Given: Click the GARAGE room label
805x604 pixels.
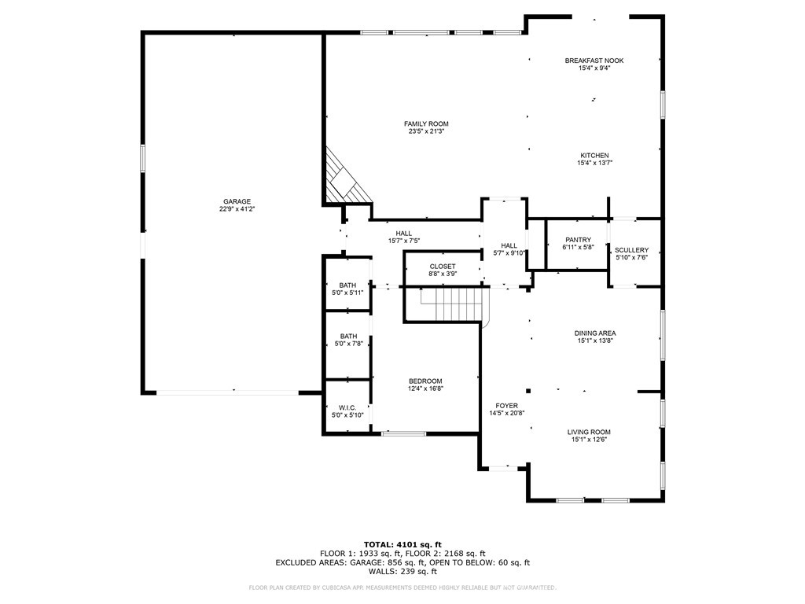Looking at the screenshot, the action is click(x=237, y=201).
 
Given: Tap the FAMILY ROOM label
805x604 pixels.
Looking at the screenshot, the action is click(x=426, y=123).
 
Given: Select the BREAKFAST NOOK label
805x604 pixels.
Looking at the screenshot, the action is click(x=594, y=61).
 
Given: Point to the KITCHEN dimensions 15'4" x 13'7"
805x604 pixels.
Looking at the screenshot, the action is click(x=594, y=163).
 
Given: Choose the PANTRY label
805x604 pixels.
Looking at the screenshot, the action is click(x=578, y=240).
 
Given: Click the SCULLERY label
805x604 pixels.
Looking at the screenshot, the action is click(x=631, y=250).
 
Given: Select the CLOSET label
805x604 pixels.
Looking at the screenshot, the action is click(x=443, y=267).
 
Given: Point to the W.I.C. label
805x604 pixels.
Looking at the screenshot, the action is click(x=347, y=407).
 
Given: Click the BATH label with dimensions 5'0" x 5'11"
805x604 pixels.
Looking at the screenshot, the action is click(x=347, y=285).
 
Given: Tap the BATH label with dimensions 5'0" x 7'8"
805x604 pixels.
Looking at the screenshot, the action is click(x=348, y=337).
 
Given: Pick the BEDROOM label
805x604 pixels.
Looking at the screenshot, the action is click(x=425, y=381).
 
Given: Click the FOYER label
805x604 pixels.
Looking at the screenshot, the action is click(x=507, y=406).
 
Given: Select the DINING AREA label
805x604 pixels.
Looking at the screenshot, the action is click(x=595, y=333).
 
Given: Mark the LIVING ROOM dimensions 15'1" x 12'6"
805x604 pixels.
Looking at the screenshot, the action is click(x=589, y=440).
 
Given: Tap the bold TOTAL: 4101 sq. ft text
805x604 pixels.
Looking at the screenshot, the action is click(x=402, y=544).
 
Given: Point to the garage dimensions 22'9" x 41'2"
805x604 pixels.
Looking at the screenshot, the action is click(x=237, y=209).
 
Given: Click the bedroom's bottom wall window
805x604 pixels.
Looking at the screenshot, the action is click(x=403, y=434).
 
